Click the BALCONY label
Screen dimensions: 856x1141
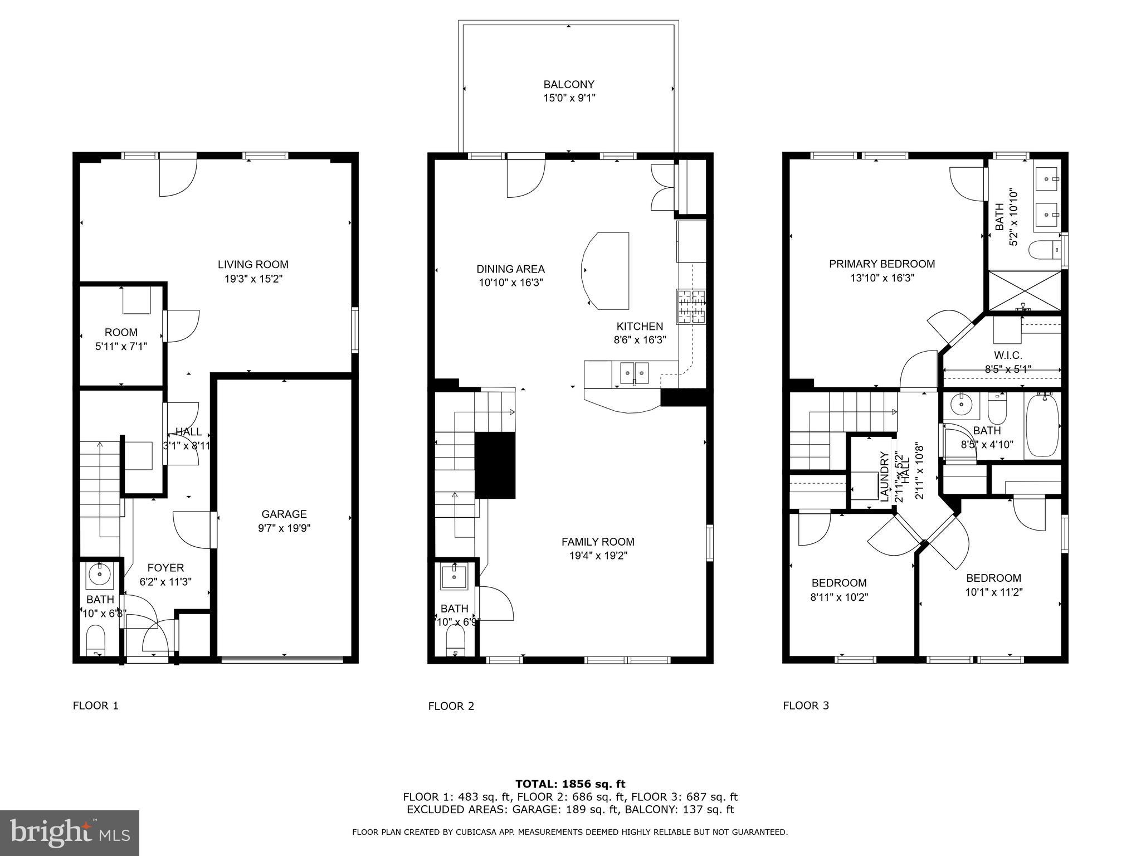coord(568,85)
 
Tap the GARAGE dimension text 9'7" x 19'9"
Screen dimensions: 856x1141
coord(284,528)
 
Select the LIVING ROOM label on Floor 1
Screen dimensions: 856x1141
coord(253,265)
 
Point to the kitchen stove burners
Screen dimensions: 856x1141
coord(691,307)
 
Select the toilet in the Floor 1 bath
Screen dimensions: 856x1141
coord(96,640)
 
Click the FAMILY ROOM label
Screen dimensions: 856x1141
coord(597,542)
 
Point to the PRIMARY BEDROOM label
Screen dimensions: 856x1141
coord(881,264)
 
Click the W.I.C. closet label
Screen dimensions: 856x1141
coord(1008,356)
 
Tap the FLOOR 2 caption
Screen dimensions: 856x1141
coord(451,707)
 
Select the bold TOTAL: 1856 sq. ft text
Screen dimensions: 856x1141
coord(570,784)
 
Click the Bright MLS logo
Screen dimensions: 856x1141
coord(70,833)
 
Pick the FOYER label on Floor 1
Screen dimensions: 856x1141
coord(165,568)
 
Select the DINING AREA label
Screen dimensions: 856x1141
coord(510,269)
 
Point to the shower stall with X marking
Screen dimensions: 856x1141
coord(1024,291)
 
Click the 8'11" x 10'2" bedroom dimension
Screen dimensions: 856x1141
coord(839,597)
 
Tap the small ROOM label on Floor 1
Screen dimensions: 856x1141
coord(121,333)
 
